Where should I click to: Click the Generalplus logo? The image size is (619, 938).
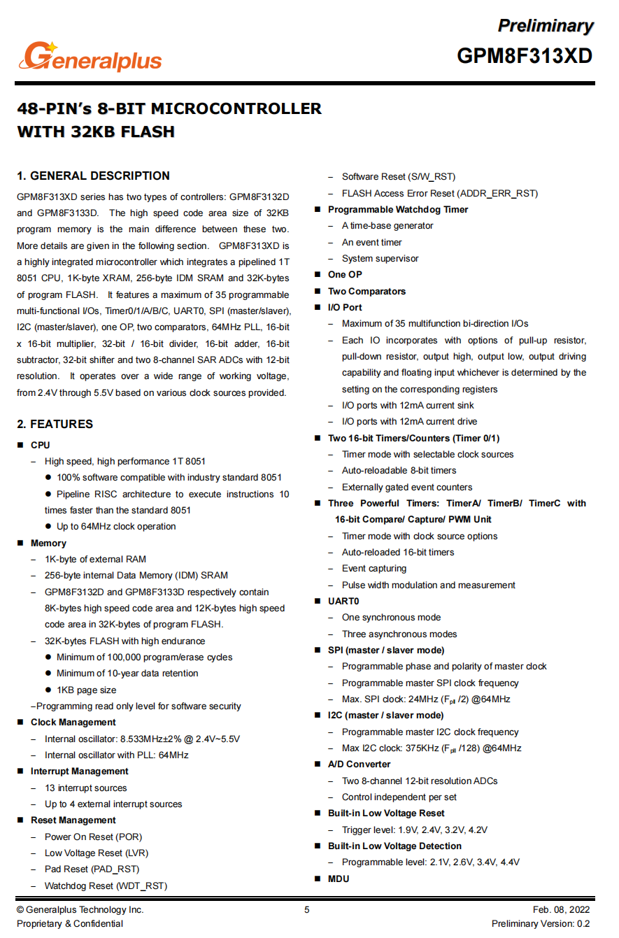(x=91, y=57)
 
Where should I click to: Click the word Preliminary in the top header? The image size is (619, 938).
(x=545, y=26)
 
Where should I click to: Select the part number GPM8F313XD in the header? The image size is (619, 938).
(x=525, y=55)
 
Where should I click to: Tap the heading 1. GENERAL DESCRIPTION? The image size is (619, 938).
(x=93, y=176)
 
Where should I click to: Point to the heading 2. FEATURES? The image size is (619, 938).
(x=55, y=424)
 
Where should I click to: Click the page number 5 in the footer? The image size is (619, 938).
(x=306, y=909)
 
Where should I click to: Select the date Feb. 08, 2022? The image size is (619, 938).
(x=561, y=909)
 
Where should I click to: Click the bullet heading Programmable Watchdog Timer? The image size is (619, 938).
(x=398, y=209)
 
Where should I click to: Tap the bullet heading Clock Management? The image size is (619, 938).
(x=73, y=722)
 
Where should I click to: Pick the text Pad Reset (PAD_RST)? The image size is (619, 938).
(x=92, y=869)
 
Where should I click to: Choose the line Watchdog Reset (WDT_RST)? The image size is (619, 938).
(x=106, y=886)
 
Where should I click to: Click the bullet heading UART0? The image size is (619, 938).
(x=343, y=601)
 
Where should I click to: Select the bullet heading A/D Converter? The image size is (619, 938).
(x=359, y=764)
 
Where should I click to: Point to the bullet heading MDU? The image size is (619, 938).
(x=339, y=879)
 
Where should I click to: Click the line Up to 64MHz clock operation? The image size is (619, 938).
(x=116, y=526)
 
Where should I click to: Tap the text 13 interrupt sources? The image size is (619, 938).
(x=85, y=788)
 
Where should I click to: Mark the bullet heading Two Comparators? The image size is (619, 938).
(x=367, y=291)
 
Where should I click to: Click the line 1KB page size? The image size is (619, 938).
(x=87, y=690)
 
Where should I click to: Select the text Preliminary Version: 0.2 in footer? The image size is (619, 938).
(x=541, y=924)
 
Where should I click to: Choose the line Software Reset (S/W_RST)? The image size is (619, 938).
(x=398, y=176)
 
